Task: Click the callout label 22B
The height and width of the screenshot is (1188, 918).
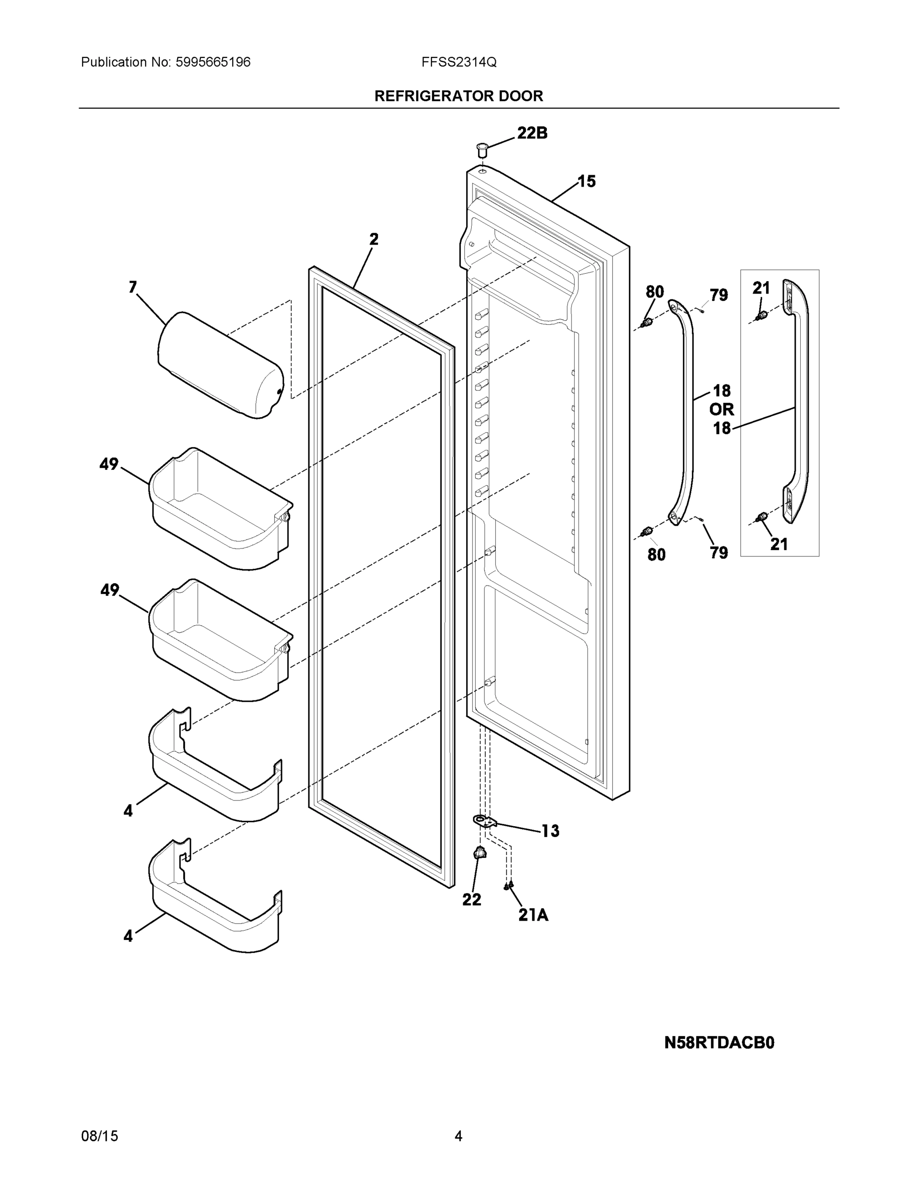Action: coord(532,133)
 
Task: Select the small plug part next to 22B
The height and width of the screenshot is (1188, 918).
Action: coord(482,149)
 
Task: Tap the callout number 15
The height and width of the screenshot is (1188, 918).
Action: coord(586,181)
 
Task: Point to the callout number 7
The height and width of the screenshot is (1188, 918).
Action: coord(133,287)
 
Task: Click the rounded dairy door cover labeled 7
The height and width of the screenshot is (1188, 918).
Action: coord(220,365)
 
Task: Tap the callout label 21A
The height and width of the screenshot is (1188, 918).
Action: coord(533,915)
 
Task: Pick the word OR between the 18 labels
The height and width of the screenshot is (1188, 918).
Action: coord(721,409)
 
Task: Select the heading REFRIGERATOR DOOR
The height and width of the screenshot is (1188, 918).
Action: coord(458,97)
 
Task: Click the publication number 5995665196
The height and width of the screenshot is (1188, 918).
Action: coord(213,62)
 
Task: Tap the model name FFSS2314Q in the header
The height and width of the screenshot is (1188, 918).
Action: coord(458,62)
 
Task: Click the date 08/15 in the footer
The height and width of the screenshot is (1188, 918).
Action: coord(99,1136)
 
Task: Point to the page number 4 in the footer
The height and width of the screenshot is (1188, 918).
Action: coord(458,1136)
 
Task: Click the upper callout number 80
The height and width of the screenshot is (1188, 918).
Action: coord(655,292)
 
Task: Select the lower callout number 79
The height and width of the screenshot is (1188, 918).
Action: coord(719,552)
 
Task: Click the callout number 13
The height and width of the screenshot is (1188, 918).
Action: coord(550,831)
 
